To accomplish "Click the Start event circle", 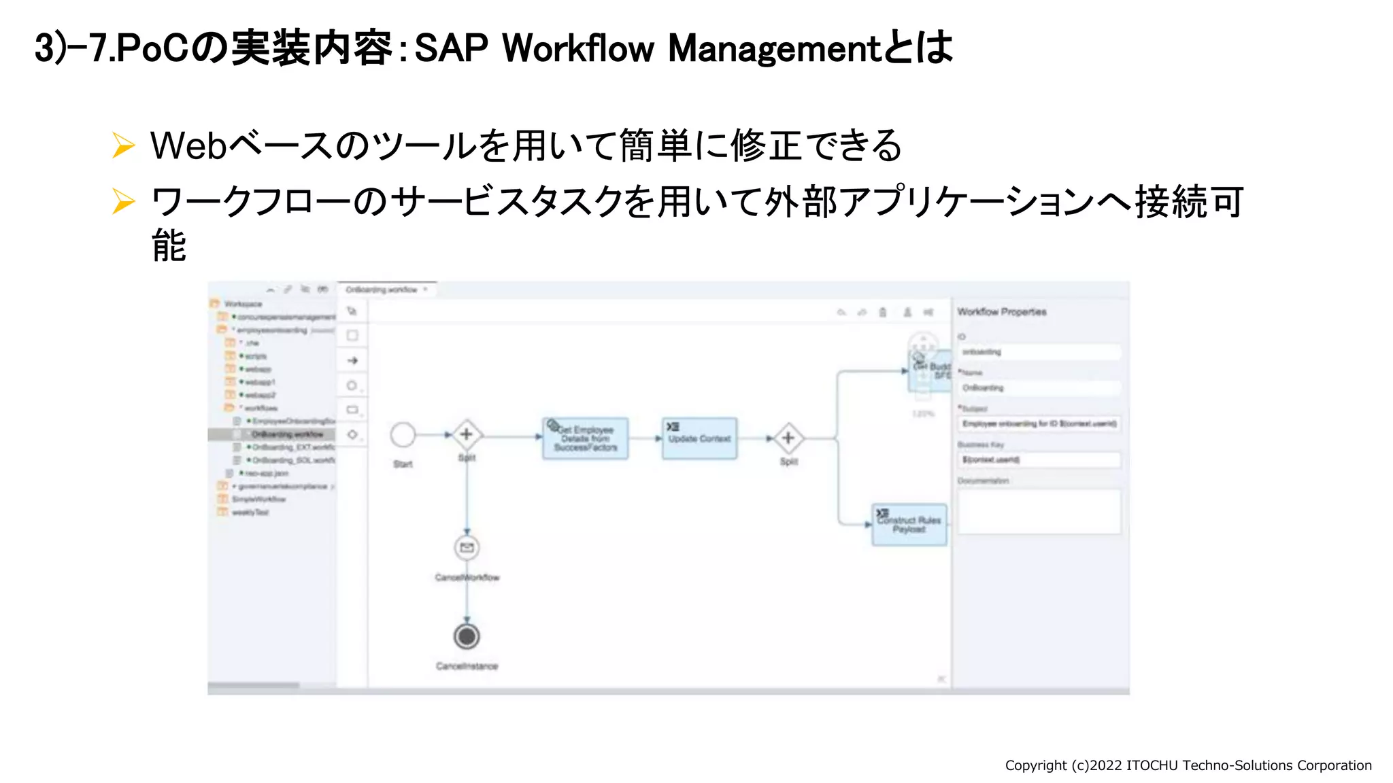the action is (403, 435).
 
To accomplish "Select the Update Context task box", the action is (699, 438).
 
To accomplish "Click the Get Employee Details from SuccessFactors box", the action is (585, 438).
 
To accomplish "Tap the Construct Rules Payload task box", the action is (909, 524).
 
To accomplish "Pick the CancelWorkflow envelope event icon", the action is (467, 547).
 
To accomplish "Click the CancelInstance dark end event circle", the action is (467, 636).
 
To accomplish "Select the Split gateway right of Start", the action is (467, 434).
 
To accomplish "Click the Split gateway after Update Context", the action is (788, 438).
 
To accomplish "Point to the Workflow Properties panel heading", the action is (1001, 312).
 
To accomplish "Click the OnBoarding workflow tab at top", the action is (382, 290).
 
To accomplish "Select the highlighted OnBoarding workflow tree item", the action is (287, 434).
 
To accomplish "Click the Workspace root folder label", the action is (243, 304).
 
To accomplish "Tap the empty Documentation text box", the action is (1038, 511).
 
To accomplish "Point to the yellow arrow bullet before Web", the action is (123, 145).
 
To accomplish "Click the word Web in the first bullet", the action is (188, 145).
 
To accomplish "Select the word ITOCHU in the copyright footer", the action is (1152, 765).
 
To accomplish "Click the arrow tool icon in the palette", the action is (352, 361).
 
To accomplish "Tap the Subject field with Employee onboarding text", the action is (1038, 423).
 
